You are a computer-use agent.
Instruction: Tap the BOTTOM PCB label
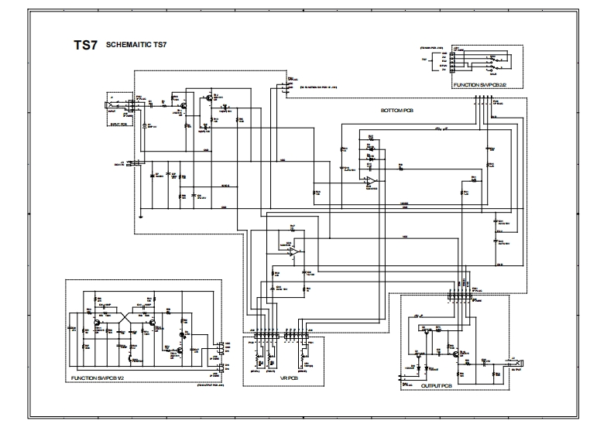(x=396, y=111)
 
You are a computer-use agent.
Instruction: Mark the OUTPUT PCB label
(x=435, y=384)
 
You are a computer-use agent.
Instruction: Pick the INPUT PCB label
(x=119, y=124)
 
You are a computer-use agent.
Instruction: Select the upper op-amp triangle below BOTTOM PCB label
(x=372, y=180)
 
